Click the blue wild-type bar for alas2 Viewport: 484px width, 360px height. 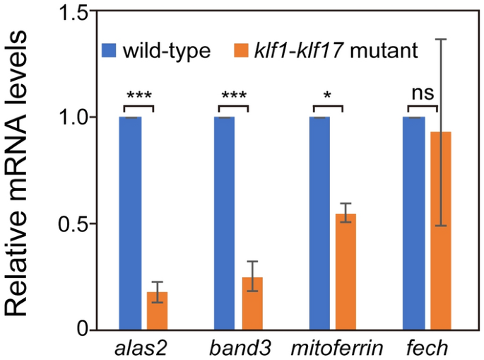(x=130, y=223)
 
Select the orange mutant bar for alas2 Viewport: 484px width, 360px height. (x=157, y=310)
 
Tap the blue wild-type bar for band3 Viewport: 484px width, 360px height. (x=224, y=223)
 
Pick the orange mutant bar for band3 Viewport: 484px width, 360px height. (x=252, y=303)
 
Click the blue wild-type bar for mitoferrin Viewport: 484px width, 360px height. (x=319, y=223)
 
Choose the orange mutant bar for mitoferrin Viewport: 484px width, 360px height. (x=346, y=272)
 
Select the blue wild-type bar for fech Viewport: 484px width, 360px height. (x=413, y=223)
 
